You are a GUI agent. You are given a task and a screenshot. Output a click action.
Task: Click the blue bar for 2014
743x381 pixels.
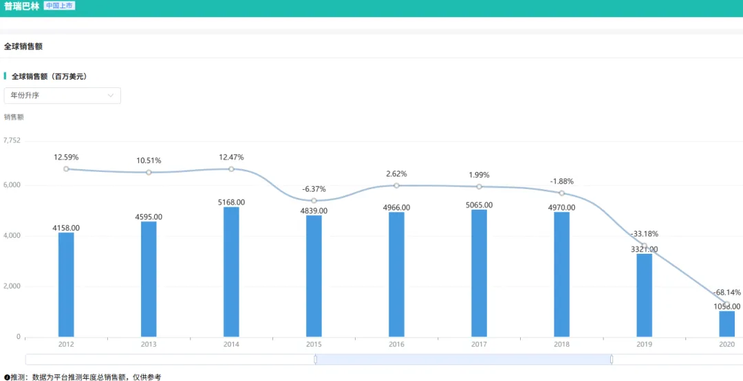231,272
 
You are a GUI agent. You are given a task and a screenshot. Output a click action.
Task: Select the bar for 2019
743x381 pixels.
644,295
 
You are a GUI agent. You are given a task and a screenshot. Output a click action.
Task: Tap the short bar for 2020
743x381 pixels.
726,324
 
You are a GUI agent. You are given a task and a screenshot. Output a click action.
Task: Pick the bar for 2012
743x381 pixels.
66,285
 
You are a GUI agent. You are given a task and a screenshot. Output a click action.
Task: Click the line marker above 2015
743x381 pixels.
314,201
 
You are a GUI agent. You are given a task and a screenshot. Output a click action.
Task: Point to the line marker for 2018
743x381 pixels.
561,193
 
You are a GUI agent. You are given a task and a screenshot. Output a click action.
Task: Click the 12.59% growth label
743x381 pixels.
66,157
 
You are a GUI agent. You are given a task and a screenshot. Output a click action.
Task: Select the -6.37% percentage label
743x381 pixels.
314,189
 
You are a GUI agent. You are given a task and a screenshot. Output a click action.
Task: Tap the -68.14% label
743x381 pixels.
726,292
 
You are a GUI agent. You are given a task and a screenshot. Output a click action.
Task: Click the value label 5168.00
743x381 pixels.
231,202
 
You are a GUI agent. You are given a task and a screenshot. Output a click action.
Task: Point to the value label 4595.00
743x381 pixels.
149,217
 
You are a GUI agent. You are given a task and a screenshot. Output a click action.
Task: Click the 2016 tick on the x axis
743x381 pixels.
396,344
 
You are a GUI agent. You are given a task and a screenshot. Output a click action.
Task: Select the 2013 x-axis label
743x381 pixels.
149,344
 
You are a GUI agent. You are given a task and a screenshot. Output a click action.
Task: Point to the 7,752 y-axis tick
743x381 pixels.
12,140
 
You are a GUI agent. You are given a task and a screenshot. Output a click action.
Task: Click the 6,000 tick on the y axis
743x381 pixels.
12,185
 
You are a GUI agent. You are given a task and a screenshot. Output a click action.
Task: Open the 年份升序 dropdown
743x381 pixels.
63,96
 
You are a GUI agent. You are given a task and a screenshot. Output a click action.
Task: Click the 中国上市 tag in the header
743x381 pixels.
59,6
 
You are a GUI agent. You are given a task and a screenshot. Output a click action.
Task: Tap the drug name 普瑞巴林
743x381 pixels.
21,6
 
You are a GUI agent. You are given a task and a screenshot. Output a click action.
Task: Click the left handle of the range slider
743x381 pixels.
315,359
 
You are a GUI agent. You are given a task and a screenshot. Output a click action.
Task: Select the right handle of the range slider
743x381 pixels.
612,359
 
